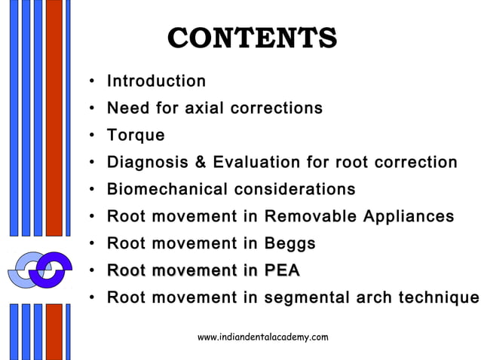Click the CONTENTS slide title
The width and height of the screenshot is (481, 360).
click(x=252, y=38)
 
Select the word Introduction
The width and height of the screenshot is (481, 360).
click(x=156, y=81)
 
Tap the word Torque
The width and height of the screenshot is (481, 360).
click(x=136, y=136)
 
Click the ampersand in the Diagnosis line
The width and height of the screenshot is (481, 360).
click(x=200, y=163)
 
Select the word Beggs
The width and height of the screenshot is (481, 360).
click(x=290, y=243)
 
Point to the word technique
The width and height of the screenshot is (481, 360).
click(x=435, y=297)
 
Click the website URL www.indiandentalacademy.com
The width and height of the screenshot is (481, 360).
click(x=262, y=337)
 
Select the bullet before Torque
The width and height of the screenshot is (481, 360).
click(x=91, y=136)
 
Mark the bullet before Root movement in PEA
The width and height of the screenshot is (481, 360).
click(x=91, y=271)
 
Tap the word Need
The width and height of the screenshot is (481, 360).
click(x=128, y=108)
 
